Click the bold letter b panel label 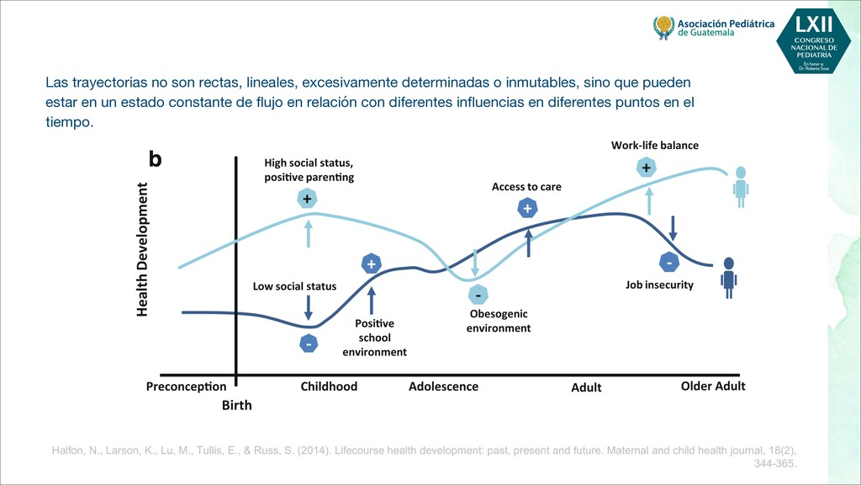[155, 158]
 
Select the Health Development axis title [142, 250]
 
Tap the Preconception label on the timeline [186, 387]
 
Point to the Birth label [236, 405]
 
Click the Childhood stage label [329, 386]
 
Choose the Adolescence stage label [443, 386]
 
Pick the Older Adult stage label [712, 386]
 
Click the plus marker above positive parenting [308, 200]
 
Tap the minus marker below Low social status [309, 344]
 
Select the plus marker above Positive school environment [371, 264]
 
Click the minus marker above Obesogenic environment [478, 295]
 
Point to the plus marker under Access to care [527, 209]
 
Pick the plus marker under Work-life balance [646, 168]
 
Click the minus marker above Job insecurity [669, 263]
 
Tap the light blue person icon [740, 186]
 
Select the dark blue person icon [728, 276]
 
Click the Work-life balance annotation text [654, 146]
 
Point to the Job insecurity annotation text [659, 285]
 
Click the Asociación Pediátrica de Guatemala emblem [663, 27]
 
